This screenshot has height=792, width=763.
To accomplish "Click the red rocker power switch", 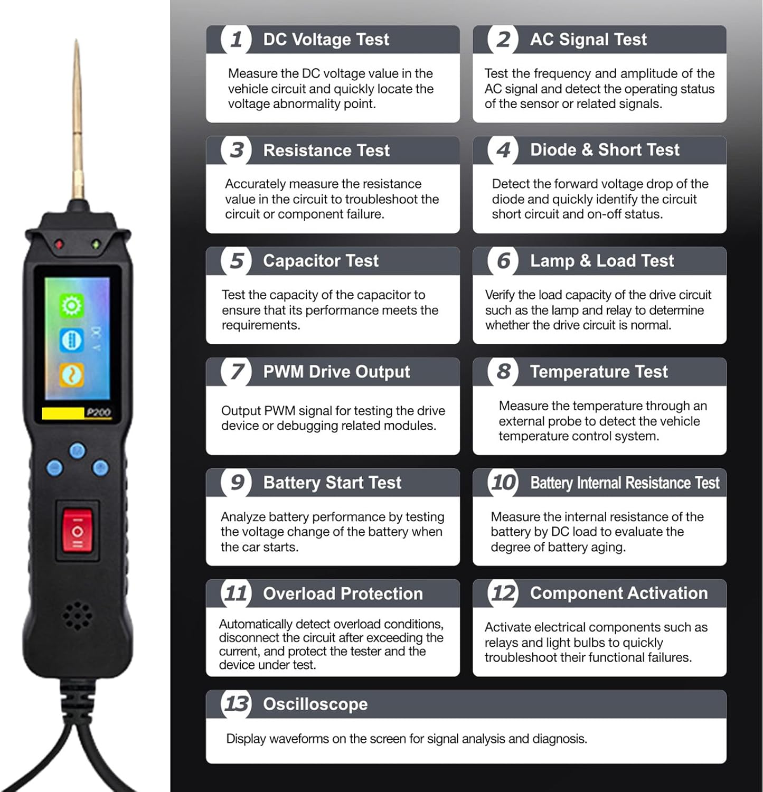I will coord(77,530).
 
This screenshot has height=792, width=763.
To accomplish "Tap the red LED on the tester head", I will coord(59,244).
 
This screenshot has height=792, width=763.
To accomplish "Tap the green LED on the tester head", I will coord(96,244).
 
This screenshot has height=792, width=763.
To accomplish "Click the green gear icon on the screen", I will coord(71,306).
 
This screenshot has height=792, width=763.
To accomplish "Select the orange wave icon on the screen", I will coord(71,375).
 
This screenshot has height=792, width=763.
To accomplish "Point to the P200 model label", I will coord(98,412).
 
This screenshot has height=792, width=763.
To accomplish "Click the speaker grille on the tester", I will coord(77,615).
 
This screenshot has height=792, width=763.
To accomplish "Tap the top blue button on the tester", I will coord(78,450).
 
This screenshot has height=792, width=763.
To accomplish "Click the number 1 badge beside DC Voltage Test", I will coord(236,39).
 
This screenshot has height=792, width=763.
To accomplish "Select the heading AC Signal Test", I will coord(588,39).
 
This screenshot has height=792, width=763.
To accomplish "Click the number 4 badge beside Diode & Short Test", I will coord(503,150).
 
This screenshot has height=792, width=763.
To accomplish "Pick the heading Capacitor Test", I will coord(321,261).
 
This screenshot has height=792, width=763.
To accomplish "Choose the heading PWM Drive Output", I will coord(336,372).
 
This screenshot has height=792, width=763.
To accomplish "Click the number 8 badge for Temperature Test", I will coord(503,372).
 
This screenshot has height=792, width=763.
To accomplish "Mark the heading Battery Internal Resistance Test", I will coord(625,483).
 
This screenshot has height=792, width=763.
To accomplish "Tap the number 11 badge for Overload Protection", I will coord(236,593).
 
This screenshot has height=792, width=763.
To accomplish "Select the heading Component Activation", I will coord(619,593).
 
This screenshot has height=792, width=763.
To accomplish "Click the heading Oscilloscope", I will coord(315,704).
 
